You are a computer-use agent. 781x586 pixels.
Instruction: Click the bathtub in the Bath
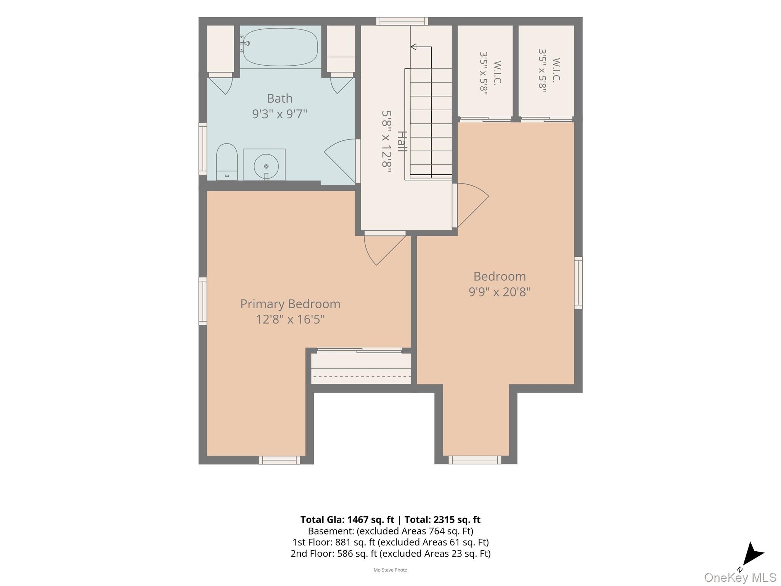280,47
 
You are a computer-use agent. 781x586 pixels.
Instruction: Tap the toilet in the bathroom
227,162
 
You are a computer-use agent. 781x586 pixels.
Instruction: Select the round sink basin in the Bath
266,166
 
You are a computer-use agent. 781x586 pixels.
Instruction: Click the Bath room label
280,98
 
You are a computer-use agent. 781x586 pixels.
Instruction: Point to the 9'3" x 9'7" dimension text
280,114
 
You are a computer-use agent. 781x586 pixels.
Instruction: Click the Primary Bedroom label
290,304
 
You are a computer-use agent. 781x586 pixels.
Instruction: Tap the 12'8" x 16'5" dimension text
290,319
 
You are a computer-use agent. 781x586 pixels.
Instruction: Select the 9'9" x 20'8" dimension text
500,292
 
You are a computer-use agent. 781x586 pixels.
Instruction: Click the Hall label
402,141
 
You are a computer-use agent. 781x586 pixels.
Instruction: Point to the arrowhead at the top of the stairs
413,47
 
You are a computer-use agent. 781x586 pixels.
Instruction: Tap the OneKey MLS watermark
740,578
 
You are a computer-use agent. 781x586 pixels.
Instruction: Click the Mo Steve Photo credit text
390,570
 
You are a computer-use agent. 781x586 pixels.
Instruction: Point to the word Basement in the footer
326,531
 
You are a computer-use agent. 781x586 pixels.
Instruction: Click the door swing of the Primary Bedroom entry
381,250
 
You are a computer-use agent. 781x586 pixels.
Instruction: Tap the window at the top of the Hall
402,21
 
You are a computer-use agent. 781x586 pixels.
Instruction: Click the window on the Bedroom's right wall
578,283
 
